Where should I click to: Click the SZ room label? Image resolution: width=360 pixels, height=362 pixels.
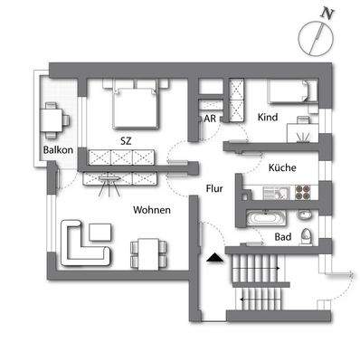click(125, 141)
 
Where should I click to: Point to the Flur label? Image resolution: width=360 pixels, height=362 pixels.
click(213, 189)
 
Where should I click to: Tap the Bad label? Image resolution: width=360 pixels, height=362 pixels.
click(282, 238)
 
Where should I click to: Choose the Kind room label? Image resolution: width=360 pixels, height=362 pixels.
click(267, 118)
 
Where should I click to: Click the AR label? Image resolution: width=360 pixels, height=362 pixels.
click(208, 118)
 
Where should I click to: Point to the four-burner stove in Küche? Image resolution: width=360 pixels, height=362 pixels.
click(302, 192)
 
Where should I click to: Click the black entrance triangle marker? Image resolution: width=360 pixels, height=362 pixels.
click(213, 259)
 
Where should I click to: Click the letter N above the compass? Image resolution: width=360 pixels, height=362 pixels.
click(327, 13)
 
